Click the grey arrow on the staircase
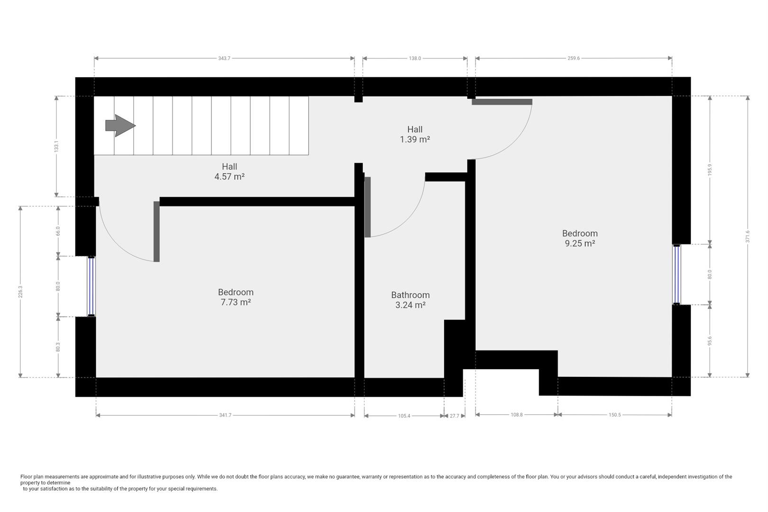pyautogui.click(x=120, y=126)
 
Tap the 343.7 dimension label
pyautogui.click(x=224, y=58)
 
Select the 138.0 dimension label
pyautogui.click(x=415, y=58)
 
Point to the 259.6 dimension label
pyautogui.click(x=574, y=58)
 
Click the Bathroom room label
pyautogui.click(x=410, y=295)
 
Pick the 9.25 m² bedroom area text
pyautogui.click(x=580, y=244)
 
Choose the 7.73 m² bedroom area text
pyautogui.click(x=236, y=302)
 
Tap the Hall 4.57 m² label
pyautogui.click(x=229, y=172)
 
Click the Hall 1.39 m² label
pyautogui.click(x=415, y=135)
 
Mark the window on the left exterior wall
pyautogui.click(x=91, y=286)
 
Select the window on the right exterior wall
pyautogui.click(x=677, y=274)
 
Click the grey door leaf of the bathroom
pyautogui.click(x=367, y=207)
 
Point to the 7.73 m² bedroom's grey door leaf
pyautogui.click(x=156, y=231)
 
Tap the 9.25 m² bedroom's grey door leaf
pyautogui.click(x=502, y=102)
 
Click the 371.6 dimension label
pyautogui.click(x=748, y=236)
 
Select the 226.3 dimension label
pyautogui.click(x=20, y=292)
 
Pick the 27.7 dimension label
pyautogui.click(x=454, y=416)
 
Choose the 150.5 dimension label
pyautogui.click(x=614, y=415)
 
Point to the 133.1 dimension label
pyautogui.click(x=56, y=146)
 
